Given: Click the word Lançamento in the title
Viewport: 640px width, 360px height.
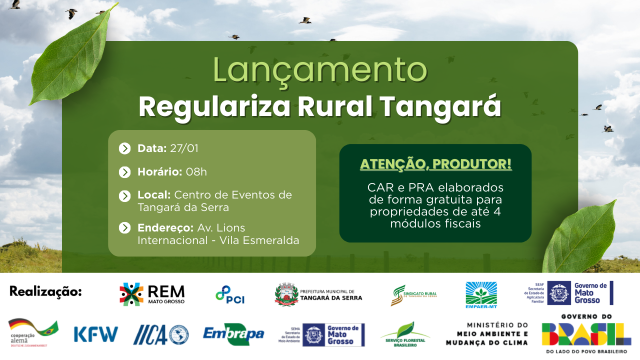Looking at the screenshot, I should (x=320, y=70).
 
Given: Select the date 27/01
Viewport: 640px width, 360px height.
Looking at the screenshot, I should (x=184, y=148).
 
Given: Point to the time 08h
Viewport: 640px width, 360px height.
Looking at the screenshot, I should (x=196, y=172).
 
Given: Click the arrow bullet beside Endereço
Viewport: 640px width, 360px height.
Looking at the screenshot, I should (x=124, y=228).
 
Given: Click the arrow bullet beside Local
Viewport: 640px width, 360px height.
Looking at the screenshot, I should (x=124, y=195).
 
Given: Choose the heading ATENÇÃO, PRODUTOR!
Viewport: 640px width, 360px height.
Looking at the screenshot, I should (x=435, y=164).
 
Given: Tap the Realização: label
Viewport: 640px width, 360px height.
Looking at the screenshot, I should (x=45, y=291).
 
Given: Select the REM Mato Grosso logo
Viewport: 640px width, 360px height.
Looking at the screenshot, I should (x=152, y=294).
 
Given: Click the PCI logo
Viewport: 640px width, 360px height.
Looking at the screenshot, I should (x=230, y=294).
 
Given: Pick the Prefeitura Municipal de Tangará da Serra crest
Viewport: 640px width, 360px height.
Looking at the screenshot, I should (x=286, y=294).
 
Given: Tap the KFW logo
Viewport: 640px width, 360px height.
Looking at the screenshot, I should (x=95, y=334).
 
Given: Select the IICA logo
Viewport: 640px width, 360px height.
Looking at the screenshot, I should (x=160, y=334).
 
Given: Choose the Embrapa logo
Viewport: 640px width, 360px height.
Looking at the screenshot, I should (x=233, y=334).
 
